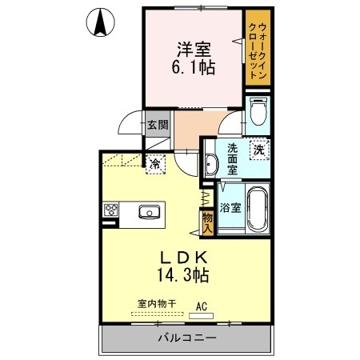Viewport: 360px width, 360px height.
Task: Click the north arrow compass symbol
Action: (101, 22)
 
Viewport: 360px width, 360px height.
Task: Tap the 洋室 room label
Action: (194, 50)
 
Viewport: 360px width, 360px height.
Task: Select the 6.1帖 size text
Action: (194, 67)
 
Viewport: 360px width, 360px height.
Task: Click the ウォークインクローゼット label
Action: (258, 50)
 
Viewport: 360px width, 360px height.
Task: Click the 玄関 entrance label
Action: (158, 124)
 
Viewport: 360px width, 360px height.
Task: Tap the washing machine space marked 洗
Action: (259, 150)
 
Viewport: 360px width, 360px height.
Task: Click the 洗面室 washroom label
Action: (232, 159)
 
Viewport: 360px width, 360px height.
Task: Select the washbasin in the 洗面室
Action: (211, 165)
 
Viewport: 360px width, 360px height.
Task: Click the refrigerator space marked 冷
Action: (155, 164)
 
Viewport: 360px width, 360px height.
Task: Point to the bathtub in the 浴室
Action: (258, 209)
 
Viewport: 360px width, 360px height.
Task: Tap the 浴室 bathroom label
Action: (230, 207)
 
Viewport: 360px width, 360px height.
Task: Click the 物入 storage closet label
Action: (207, 223)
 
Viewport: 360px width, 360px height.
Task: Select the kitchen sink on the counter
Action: (150, 212)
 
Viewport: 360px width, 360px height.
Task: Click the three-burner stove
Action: (111, 210)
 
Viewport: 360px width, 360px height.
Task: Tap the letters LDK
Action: (184, 258)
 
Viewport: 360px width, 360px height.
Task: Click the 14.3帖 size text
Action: (183, 274)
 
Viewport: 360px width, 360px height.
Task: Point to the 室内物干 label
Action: (157, 303)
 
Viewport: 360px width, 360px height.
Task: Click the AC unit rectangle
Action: (201, 316)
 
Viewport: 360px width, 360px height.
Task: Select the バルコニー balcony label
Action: (187, 338)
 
